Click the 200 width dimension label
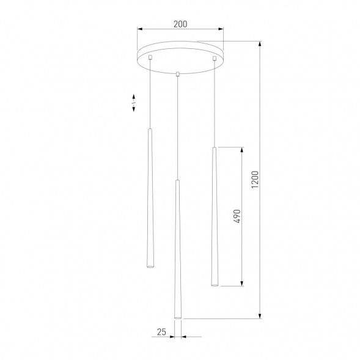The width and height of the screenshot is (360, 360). pyautogui.click(x=180, y=24)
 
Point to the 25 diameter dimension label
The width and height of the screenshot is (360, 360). pyautogui.click(x=161, y=332)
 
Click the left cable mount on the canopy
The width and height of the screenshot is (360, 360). pyautogui.click(x=150, y=57)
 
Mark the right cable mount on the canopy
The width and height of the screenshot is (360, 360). pyautogui.click(x=215, y=58)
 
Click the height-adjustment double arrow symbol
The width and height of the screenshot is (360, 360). pyautogui.click(x=134, y=102)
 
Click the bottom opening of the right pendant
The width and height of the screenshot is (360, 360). pyautogui.click(x=215, y=283)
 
